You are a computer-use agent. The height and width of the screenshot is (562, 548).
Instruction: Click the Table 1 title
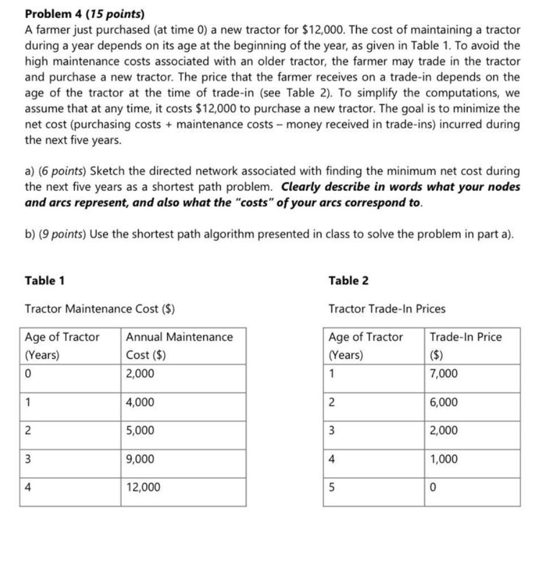point(45,280)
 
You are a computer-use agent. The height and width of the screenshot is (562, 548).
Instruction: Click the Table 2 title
point(349,280)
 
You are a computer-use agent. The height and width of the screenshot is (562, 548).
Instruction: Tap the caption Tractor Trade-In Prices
point(387,309)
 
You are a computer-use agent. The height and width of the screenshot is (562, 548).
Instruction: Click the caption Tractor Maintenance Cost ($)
point(99,309)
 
